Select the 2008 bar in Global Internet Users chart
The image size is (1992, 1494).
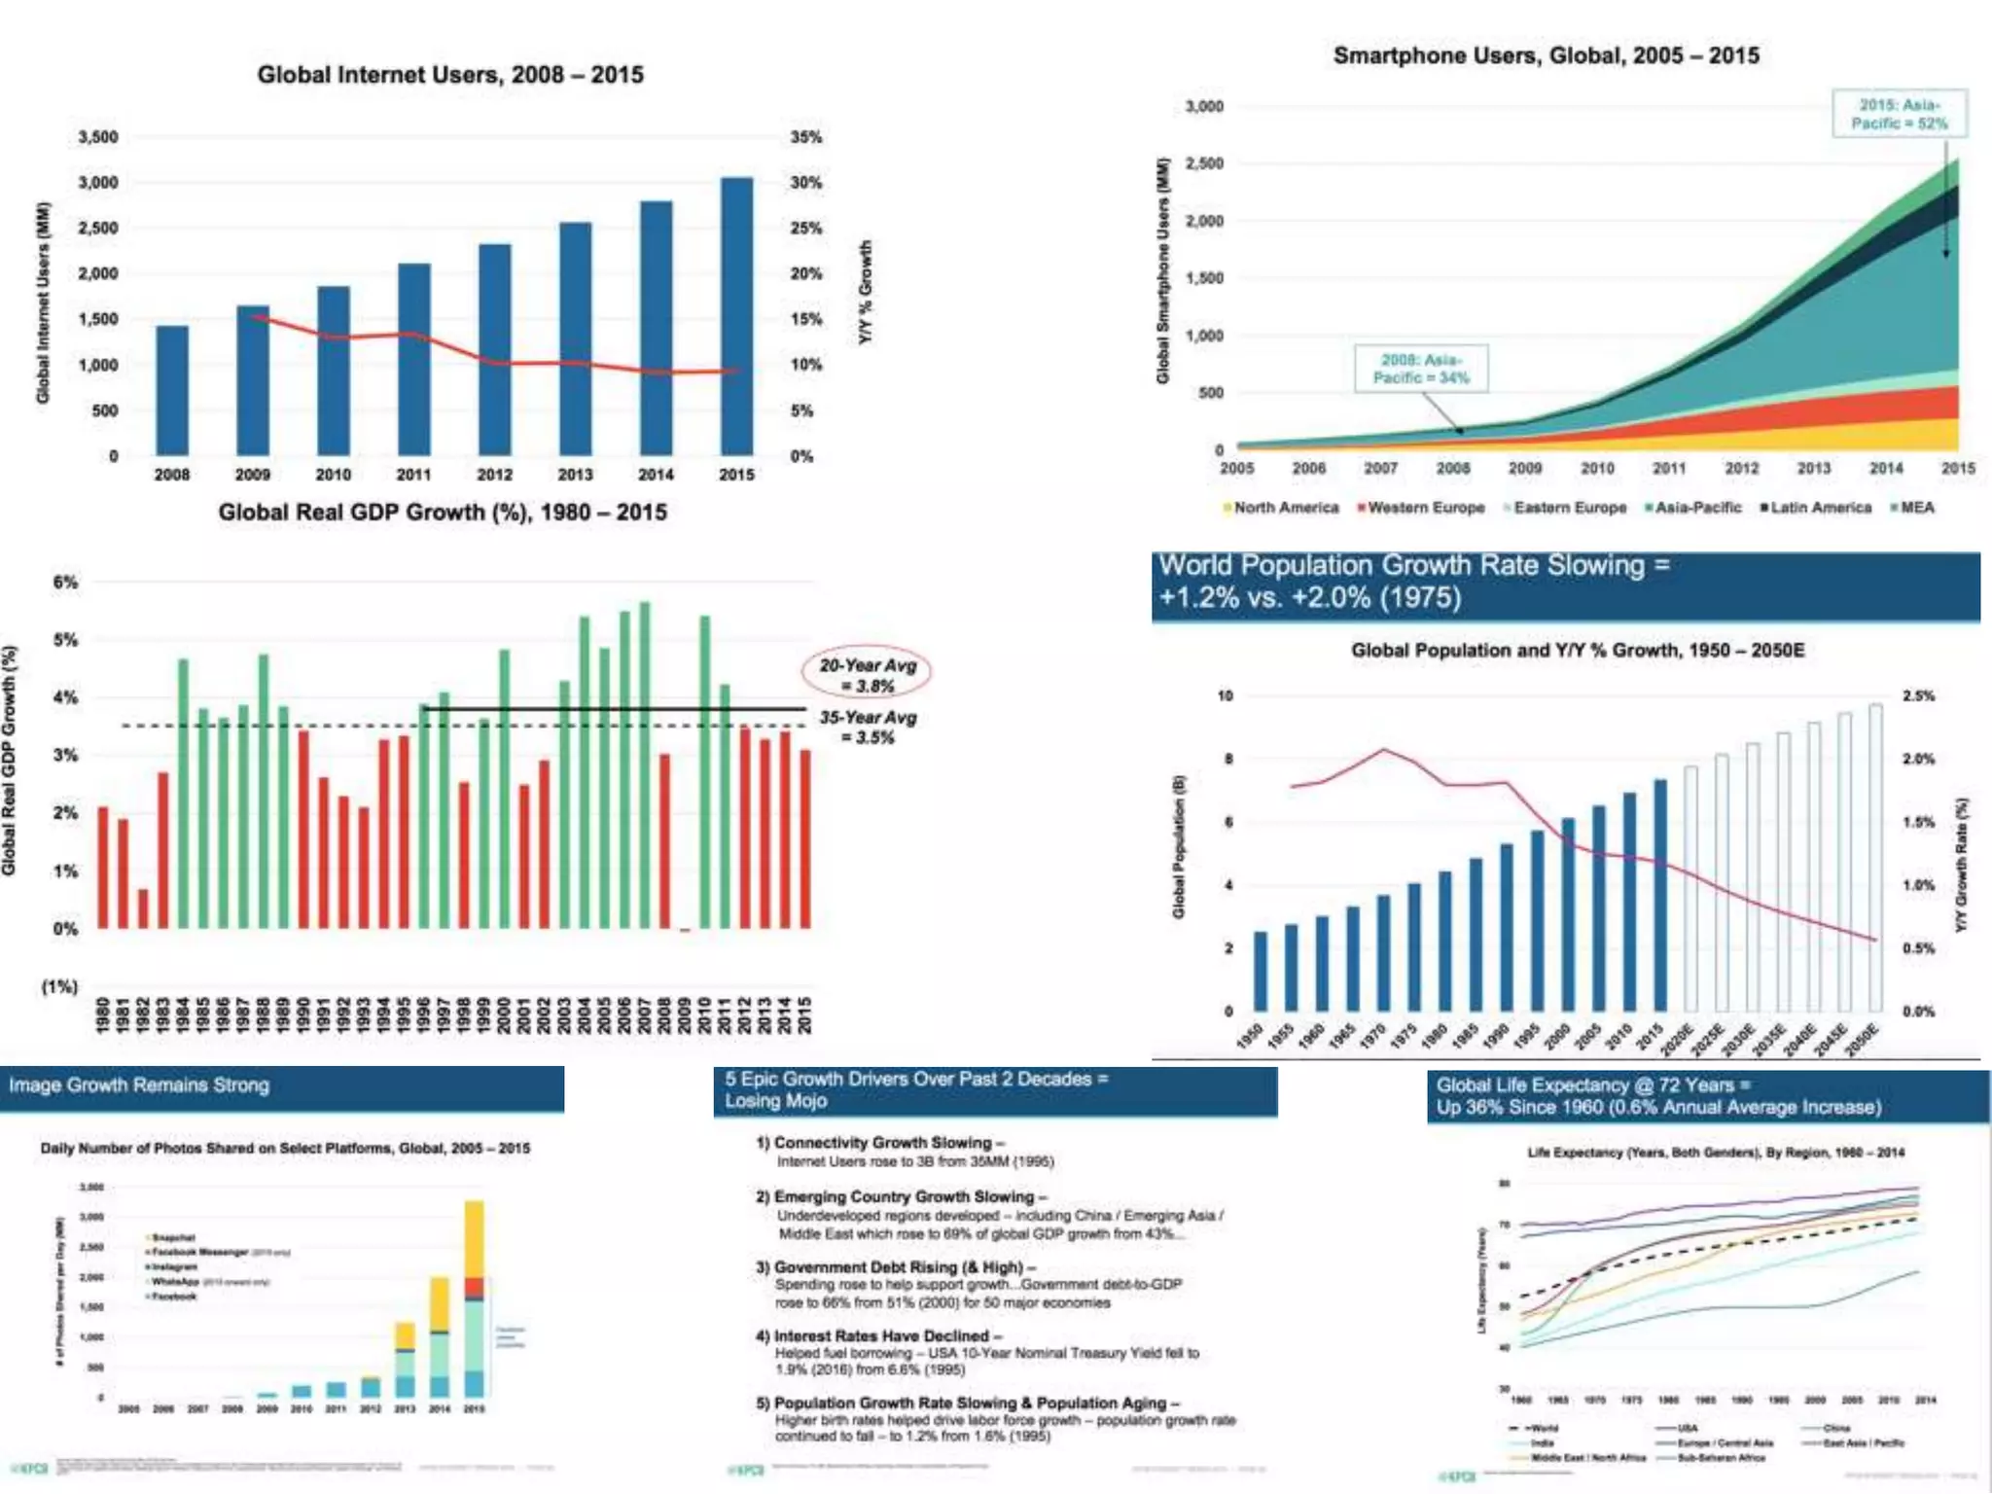click(x=172, y=390)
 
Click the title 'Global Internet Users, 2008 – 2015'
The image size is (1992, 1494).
click(x=450, y=75)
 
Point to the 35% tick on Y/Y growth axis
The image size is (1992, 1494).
click(x=805, y=137)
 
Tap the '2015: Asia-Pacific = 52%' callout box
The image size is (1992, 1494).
click(x=1899, y=114)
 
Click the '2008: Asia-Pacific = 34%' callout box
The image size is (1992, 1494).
click(x=1421, y=369)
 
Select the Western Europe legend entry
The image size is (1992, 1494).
click(x=1421, y=508)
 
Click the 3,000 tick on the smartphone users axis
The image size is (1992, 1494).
click(x=1204, y=106)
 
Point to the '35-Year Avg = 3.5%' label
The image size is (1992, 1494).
click(x=868, y=728)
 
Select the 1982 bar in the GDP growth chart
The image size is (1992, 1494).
click(x=143, y=908)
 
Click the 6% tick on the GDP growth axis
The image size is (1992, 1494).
click(x=65, y=583)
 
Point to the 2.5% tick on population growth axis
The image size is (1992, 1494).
click(x=1918, y=696)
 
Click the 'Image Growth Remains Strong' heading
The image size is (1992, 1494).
click(x=139, y=1085)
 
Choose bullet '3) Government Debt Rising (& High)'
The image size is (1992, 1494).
click(x=895, y=1267)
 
